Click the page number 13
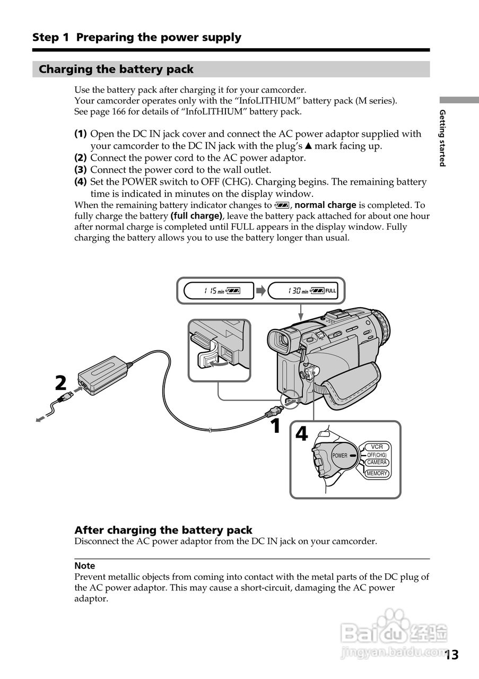[451, 655]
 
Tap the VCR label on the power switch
[377, 447]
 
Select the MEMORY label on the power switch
[377, 473]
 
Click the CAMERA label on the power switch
[377, 463]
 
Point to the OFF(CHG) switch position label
[377, 455]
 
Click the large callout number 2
[61, 382]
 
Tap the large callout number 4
[301, 434]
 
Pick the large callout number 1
[275, 425]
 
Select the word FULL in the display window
[330, 291]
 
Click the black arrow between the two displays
[261, 291]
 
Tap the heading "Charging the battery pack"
[116, 69]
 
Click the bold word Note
[85, 566]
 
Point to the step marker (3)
[81, 170]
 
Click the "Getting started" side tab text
[442, 138]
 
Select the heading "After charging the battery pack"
[163, 530]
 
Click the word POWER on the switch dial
[339, 456]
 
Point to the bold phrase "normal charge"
[325, 205]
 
